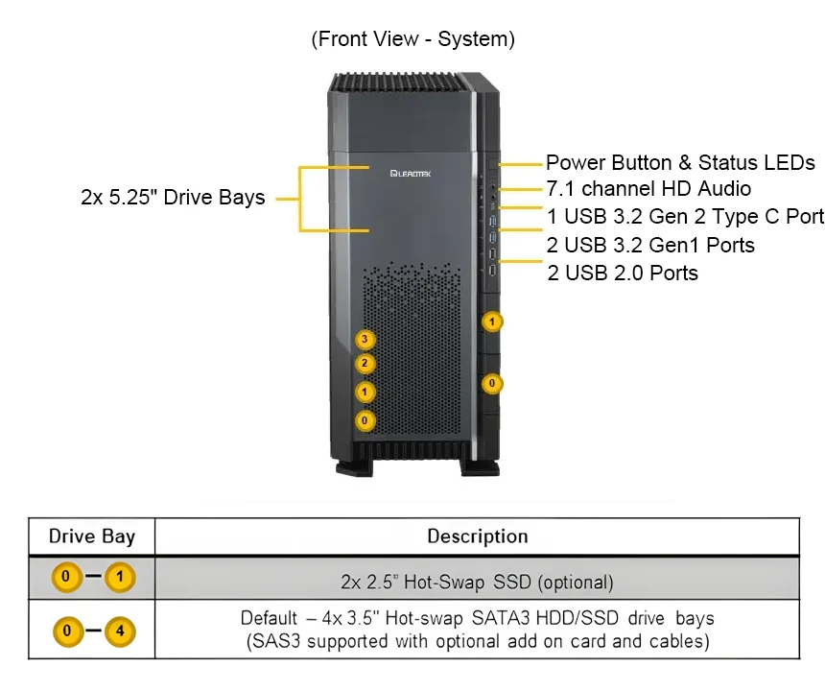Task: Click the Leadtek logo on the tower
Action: [x=414, y=175]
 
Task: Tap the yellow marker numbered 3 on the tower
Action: [x=365, y=339]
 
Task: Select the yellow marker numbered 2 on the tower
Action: [x=365, y=364]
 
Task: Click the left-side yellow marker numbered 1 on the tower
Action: [x=365, y=392]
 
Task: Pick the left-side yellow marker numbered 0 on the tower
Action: [x=365, y=420]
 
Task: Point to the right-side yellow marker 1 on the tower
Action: [x=492, y=322]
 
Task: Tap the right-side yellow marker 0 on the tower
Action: [x=492, y=384]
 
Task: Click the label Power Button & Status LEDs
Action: [x=680, y=162]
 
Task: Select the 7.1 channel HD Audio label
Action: [x=648, y=189]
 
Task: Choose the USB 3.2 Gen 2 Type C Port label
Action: [x=685, y=217]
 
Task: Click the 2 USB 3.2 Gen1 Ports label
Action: [x=650, y=245]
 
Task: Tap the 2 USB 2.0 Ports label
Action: [x=623, y=273]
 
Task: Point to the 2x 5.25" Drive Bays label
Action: [x=173, y=198]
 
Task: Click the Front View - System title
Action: [x=413, y=39]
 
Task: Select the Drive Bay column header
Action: [x=92, y=536]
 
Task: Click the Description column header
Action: [x=477, y=536]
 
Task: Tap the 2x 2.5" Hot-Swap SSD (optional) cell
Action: [x=477, y=582]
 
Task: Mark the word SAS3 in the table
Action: [x=271, y=641]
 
